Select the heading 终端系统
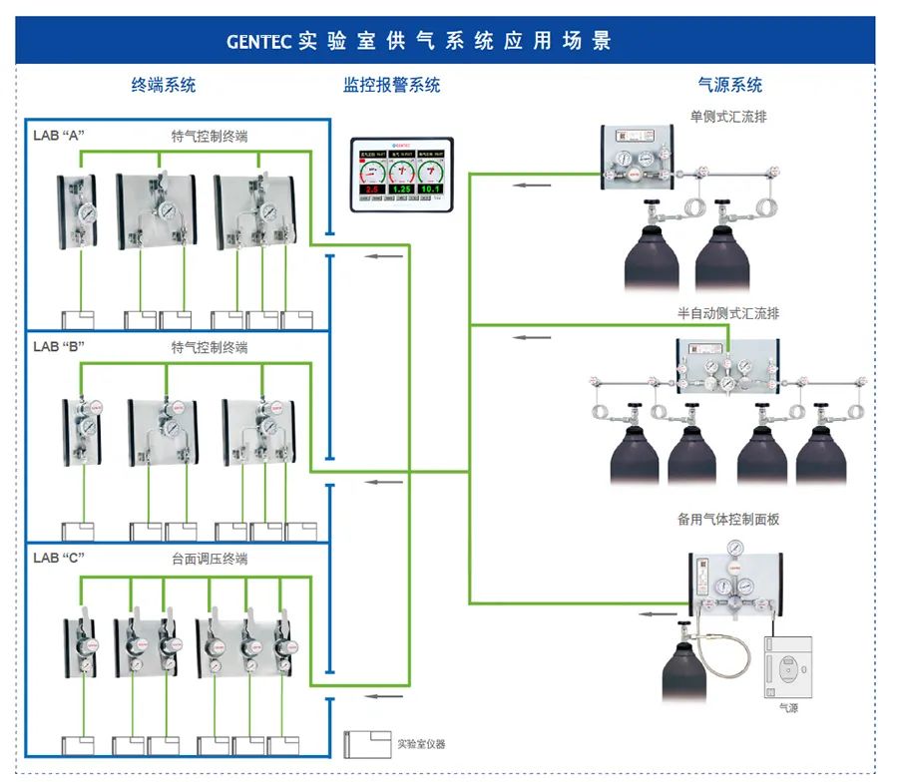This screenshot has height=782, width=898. tap(165, 85)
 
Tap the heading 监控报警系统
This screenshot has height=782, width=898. tap(392, 85)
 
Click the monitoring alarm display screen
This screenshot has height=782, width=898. tap(401, 174)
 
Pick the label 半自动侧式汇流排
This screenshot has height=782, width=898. tap(728, 313)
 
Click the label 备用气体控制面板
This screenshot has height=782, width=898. tap(728, 520)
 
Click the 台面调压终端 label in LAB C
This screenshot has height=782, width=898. tap(210, 559)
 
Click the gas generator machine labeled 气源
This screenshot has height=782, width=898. tap(788, 666)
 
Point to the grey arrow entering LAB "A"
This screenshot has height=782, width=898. tap(384, 257)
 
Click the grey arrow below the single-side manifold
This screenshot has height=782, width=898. tap(533, 185)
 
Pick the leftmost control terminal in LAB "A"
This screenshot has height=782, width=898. tap(78, 210)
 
